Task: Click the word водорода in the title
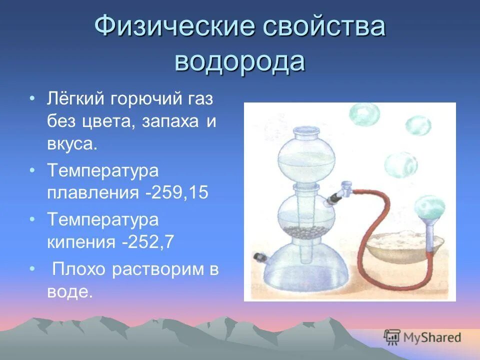[x=239, y=61]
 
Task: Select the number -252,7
[x=147, y=242]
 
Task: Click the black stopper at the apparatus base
[x=259, y=257]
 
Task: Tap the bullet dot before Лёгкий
[x=32, y=98]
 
